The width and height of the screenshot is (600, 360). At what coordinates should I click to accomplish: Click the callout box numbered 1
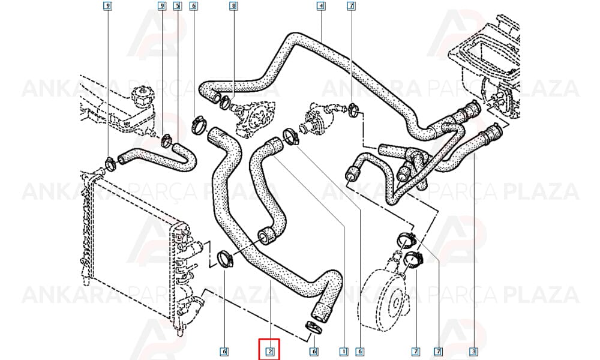[343, 351]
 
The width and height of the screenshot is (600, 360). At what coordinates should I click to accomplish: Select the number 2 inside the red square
[270, 351]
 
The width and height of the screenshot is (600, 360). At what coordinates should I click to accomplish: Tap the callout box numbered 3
[473, 351]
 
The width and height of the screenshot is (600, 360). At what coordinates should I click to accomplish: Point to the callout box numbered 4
[321, 6]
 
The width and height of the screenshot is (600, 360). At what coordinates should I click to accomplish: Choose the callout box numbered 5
[177, 6]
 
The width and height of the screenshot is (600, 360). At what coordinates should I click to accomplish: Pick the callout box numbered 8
[233, 6]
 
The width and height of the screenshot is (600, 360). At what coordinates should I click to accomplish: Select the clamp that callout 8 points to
[225, 102]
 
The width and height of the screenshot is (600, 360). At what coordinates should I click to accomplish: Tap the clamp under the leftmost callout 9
[110, 163]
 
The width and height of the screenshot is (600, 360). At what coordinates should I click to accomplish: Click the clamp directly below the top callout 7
[354, 109]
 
